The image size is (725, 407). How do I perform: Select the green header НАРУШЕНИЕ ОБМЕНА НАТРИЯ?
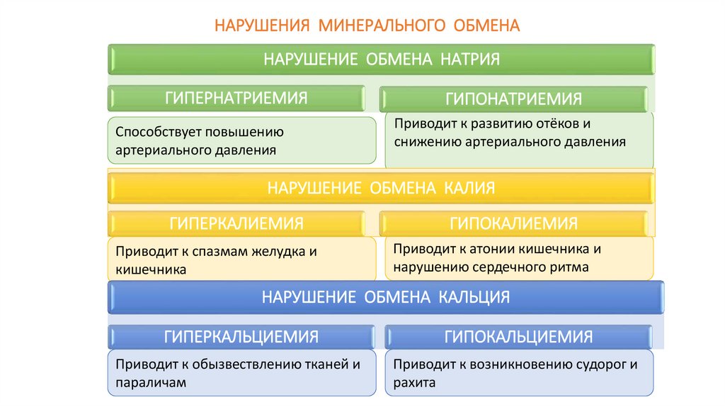382,59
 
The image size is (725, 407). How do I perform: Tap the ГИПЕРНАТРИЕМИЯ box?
236,98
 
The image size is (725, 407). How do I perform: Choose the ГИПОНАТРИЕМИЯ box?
513,99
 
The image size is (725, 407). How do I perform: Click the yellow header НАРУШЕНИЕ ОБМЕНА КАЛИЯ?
381,188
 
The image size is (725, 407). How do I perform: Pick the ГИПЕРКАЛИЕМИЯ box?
236,223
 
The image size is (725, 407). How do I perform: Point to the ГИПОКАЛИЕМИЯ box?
513,223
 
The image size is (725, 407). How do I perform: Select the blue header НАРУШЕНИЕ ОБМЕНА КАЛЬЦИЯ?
386,296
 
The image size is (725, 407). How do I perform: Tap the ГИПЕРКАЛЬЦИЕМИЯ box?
241,336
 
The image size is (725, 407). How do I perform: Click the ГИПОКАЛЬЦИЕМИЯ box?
518,336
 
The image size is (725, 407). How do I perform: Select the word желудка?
270,252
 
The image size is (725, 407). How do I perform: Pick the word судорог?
599,364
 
